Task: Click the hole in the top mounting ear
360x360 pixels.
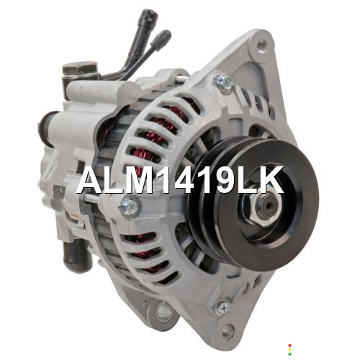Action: point(261,44)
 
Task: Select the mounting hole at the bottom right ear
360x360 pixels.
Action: point(228,332)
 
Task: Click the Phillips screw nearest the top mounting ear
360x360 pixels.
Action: point(225,81)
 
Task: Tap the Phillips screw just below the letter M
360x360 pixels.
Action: point(130,206)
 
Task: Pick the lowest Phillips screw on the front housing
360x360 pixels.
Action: point(222,307)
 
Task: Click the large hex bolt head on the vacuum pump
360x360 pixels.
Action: point(81,68)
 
